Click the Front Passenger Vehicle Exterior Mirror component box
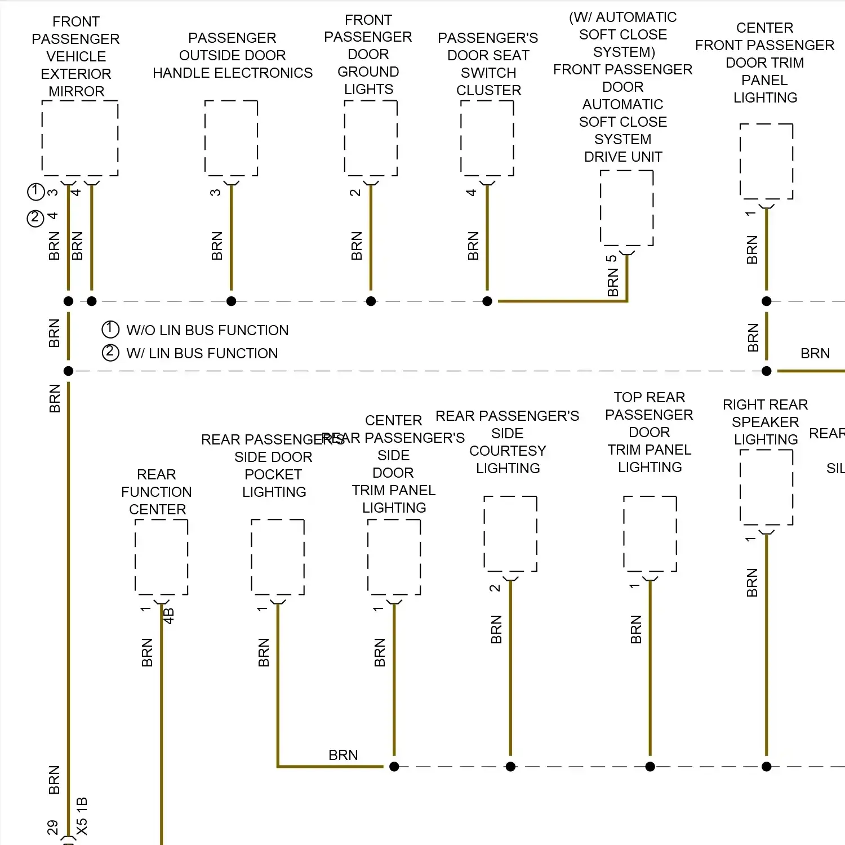[x=80, y=138]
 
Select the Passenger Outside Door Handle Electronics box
[x=231, y=138]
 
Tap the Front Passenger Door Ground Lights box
[x=371, y=138]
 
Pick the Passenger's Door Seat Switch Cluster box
[x=487, y=138]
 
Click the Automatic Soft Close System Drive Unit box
[x=626, y=208]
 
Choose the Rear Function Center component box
[x=161, y=557]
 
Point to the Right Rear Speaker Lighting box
[x=766, y=487]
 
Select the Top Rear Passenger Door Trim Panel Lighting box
[x=650, y=533]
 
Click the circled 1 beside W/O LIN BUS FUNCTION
[x=110, y=329]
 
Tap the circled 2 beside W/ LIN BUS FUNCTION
[x=110, y=353]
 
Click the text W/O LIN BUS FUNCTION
[x=207, y=330]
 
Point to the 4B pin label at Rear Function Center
[x=169, y=616]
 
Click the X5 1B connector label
[x=82, y=816]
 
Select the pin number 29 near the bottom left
[x=53, y=827]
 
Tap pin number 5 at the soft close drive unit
[x=612, y=259]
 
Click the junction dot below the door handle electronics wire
[x=231, y=301]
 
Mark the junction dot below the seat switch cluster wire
[x=487, y=301]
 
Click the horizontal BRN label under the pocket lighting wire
[x=343, y=755]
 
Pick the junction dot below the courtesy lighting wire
[x=510, y=767]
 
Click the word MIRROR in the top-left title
[x=77, y=91]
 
